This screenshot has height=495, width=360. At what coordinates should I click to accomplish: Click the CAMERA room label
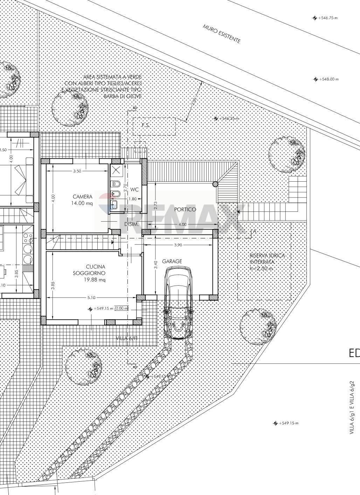(83, 197)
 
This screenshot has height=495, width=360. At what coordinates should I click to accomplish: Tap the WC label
(134, 189)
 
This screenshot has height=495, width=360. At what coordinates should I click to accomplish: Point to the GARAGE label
(172, 261)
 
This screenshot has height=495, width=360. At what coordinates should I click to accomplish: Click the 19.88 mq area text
(95, 280)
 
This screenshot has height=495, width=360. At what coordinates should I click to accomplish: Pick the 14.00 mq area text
(83, 203)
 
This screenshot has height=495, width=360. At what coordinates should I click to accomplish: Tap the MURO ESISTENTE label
(222, 34)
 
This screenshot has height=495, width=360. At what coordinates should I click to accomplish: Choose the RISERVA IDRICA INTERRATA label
(267, 259)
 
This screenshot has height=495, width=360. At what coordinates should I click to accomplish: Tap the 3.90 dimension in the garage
(178, 245)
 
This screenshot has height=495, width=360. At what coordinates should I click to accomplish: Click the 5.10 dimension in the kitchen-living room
(91, 298)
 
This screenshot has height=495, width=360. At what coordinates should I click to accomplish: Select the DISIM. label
(132, 224)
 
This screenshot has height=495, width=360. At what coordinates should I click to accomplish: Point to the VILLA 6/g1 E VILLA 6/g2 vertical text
(354, 408)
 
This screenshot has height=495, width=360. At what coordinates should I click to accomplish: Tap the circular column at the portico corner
(215, 183)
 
